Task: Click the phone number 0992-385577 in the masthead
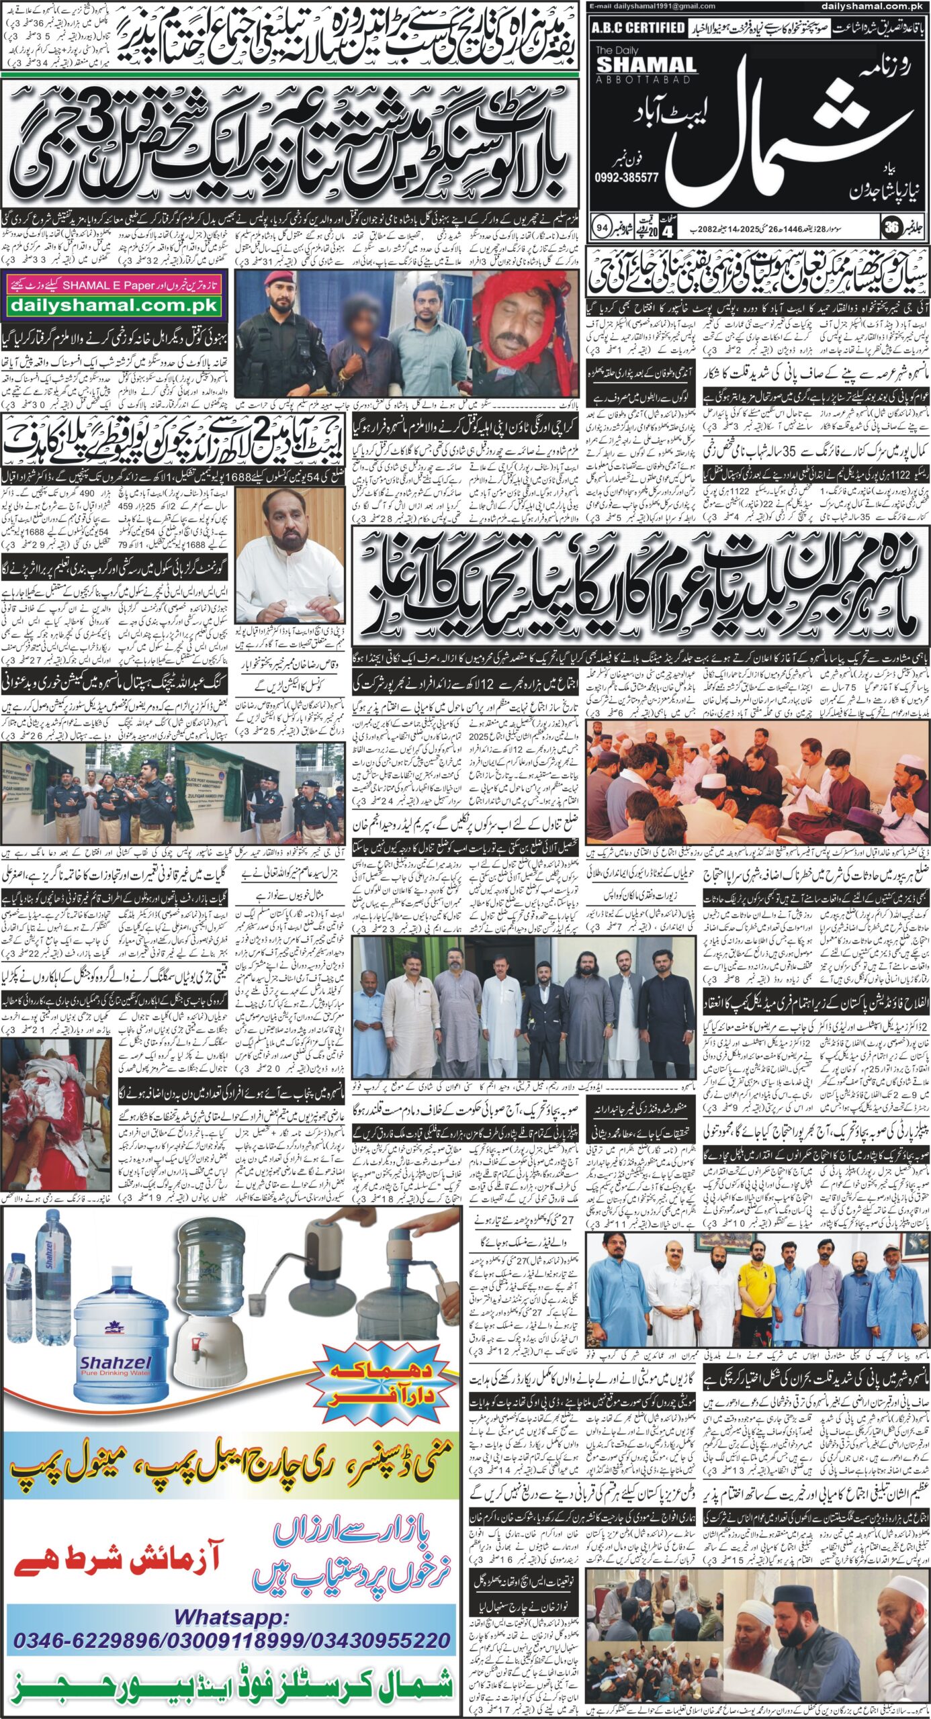click(626, 178)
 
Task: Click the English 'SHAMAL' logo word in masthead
click(646, 64)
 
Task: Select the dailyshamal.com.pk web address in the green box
click(113, 306)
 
